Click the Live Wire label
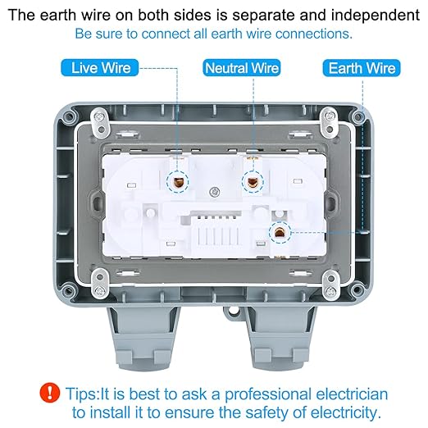click(100, 68)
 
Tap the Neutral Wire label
click(242, 68)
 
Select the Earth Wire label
click(362, 68)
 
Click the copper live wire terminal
click(178, 181)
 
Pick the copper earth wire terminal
click(280, 233)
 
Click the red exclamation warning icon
click(50, 393)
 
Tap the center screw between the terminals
click(214, 192)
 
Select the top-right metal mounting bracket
click(330, 123)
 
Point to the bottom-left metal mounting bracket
click(100, 284)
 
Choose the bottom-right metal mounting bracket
click(330, 285)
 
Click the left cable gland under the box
click(144, 339)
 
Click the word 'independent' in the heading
click(376, 15)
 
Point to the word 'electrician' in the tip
click(352, 394)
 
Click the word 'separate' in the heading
click(263, 16)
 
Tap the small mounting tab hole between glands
click(233, 310)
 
